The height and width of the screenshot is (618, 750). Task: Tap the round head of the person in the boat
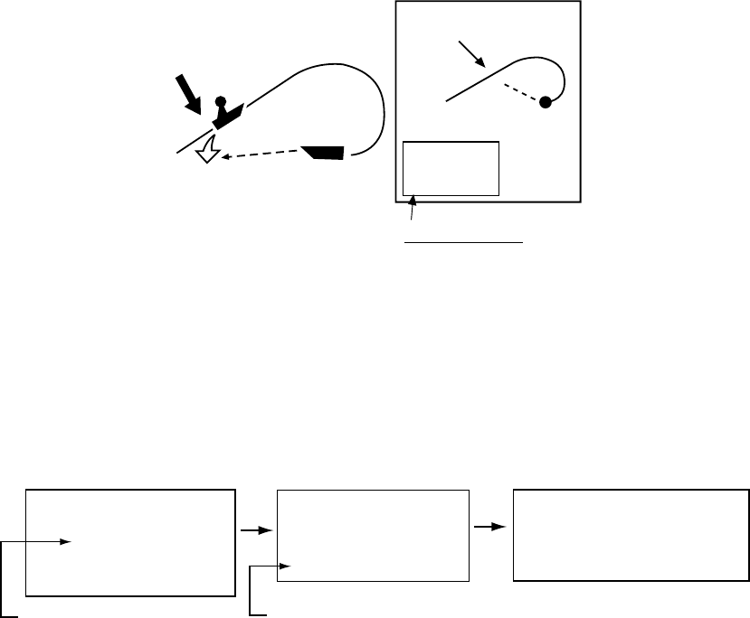[x=218, y=100]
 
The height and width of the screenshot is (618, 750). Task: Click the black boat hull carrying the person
[x=229, y=115]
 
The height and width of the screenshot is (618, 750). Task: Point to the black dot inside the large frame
[x=546, y=102]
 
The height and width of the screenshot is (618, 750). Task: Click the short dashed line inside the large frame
[x=522, y=92]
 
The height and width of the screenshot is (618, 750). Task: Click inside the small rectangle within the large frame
[x=451, y=168]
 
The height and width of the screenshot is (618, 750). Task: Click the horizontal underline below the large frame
[x=464, y=242]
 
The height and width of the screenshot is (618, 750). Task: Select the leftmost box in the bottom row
[x=131, y=542]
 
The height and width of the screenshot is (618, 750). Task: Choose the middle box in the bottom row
[x=373, y=535]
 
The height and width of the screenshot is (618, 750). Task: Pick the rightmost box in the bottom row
[x=631, y=535]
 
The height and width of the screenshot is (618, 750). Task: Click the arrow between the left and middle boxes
[x=257, y=530]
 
